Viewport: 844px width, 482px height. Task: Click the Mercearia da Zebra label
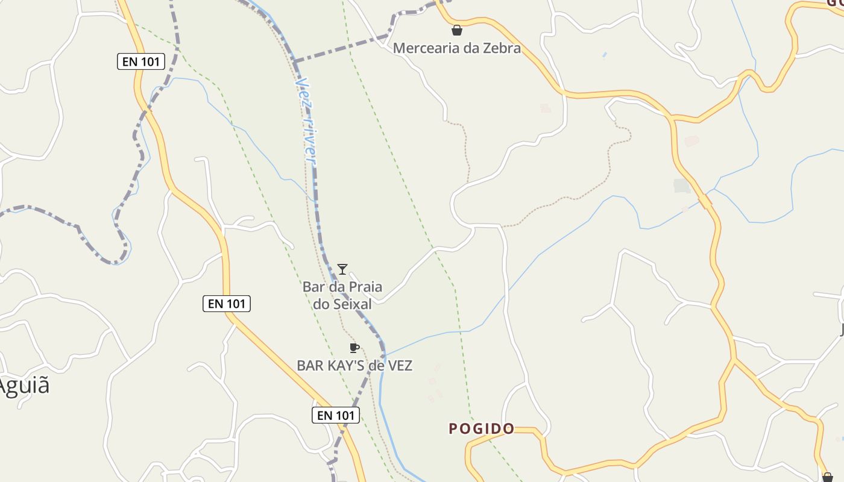(x=456, y=48)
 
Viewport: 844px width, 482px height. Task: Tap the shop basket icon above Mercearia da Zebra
(x=457, y=30)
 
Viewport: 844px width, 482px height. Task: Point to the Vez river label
(x=307, y=120)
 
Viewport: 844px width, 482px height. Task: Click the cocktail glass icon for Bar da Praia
(x=342, y=269)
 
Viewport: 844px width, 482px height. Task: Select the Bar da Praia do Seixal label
(x=342, y=295)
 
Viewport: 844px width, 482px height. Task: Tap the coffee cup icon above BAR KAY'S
(x=354, y=348)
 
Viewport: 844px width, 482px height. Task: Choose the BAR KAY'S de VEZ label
(x=354, y=366)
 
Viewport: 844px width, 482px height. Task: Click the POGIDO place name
(x=482, y=429)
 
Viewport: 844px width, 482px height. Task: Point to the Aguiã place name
(x=24, y=386)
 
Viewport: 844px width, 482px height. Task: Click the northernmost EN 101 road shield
(x=140, y=61)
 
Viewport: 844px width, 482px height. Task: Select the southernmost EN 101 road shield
(x=336, y=415)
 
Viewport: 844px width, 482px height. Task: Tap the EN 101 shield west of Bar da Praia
(x=226, y=304)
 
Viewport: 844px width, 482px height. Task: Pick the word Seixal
(x=351, y=304)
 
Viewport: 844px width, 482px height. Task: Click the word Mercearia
(x=422, y=48)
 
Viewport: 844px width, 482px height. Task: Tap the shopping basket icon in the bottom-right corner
(x=827, y=477)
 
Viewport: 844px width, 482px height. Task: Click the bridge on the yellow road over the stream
(x=705, y=201)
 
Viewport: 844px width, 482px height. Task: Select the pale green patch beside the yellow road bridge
(x=682, y=186)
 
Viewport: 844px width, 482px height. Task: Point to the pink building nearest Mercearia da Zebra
(x=545, y=108)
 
